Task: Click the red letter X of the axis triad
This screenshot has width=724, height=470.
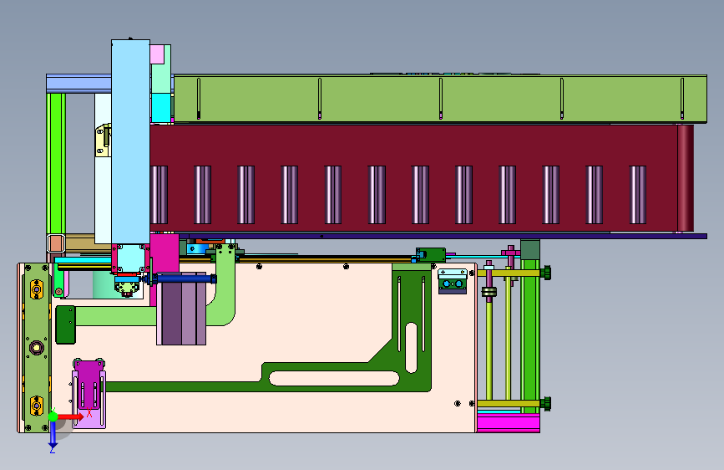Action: point(89,413)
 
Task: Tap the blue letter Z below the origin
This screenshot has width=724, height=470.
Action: point(53,449)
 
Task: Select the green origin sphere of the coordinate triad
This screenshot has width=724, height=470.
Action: point(53,416)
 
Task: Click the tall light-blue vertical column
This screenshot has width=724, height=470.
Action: point(130,141)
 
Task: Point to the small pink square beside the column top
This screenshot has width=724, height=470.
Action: point(157,54)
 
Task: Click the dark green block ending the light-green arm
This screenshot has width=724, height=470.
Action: point(66,324)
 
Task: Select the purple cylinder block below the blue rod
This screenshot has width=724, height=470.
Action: point(181,309)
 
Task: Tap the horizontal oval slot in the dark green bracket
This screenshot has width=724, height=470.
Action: point(334,378)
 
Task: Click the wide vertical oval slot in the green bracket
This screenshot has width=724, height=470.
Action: point(411,347)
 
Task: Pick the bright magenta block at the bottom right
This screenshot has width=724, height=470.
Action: point(509,423)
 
